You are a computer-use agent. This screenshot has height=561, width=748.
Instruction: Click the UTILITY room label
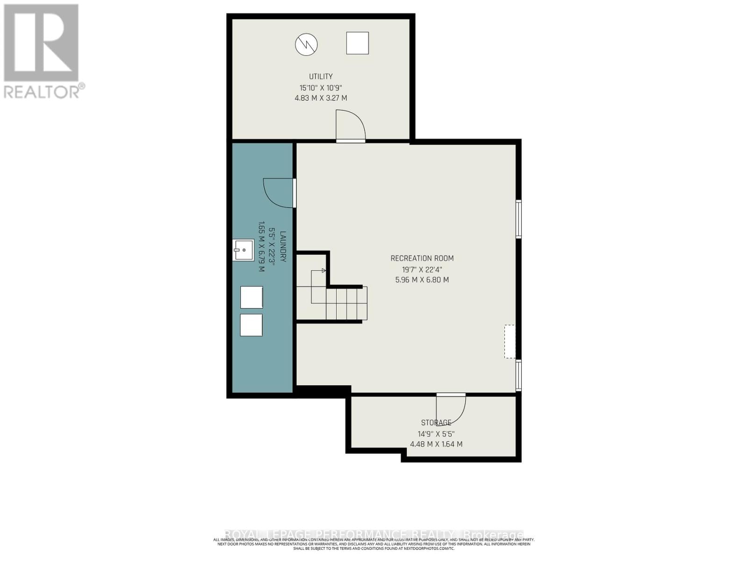(320, 76)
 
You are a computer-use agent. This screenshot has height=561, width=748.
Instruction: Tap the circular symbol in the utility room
(306, 44)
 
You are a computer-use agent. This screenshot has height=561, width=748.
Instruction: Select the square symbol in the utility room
(357, 43)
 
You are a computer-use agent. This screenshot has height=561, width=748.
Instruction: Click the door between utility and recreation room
(350, 125)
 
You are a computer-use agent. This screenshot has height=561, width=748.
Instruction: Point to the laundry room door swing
(279, 192)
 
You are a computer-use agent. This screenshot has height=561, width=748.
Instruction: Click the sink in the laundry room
(243, 250)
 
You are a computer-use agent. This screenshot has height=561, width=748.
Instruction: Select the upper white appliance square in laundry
(251, 297)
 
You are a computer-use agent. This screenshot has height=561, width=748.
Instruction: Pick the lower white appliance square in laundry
(251, 325)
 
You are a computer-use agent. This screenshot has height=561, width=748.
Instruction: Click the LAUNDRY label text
(283, 246)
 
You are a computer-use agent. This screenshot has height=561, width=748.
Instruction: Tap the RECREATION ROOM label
(422, 258)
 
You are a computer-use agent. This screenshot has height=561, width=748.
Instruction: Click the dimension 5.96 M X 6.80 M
(422, 280)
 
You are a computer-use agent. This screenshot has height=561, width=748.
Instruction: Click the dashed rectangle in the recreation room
(510, 342)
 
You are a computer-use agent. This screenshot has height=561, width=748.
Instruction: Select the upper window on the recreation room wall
(518, 219)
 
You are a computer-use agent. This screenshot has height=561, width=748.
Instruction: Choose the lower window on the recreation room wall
(518, 375)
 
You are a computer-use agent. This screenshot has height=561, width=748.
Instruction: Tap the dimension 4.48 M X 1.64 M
(436, 444)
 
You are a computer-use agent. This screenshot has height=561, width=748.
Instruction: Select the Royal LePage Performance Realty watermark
(374, 534)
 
